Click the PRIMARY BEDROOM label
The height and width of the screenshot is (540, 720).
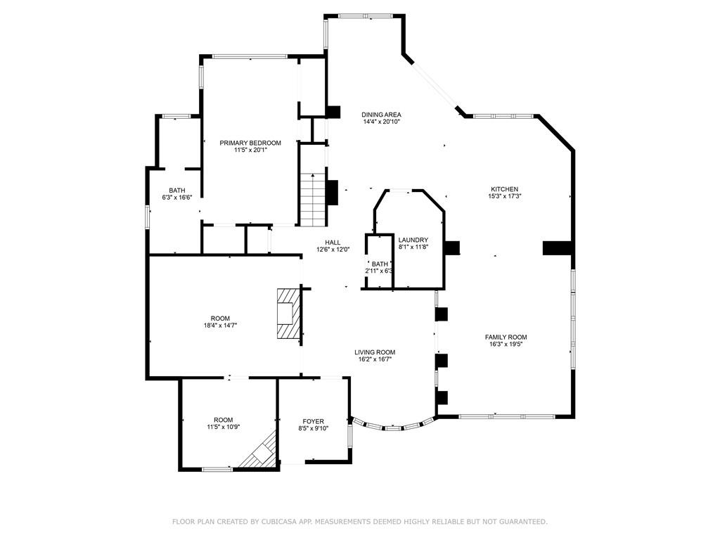250,143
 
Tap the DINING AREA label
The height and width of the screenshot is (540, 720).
381,115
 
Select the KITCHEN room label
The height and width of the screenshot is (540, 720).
505,189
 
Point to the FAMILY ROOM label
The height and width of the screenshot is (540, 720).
506,337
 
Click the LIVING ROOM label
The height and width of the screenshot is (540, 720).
375,353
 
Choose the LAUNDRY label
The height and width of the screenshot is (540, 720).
413,240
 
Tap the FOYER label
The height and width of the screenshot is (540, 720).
313,422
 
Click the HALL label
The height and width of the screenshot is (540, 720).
333,243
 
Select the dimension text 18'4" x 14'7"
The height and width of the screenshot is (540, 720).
220,326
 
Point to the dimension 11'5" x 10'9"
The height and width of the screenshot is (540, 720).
223,427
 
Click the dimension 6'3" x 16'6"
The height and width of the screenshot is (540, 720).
176,198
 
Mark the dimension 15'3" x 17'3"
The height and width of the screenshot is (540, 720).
505,196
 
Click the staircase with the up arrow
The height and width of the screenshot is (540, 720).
313,200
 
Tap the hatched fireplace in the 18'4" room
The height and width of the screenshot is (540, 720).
288,314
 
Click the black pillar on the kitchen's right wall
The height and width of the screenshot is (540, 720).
557,247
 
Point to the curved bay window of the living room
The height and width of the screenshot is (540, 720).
392,427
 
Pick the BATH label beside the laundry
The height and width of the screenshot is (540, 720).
380,264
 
